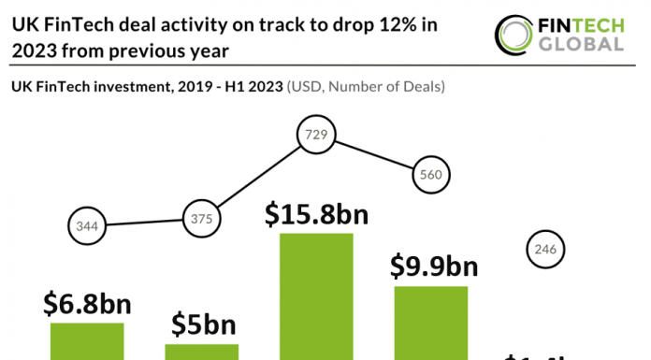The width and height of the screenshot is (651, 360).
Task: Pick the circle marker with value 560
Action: click(431, 173)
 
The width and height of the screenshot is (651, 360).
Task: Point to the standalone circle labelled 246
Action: click(545, 249)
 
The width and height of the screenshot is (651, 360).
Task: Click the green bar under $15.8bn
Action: click(317, 295)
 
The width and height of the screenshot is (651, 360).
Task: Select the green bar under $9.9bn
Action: click(431, 323)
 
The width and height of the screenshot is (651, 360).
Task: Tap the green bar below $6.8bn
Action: click(87, 340)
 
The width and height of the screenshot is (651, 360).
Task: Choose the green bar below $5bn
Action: click(202, 351)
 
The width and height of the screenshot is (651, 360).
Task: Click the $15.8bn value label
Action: click(316, 213)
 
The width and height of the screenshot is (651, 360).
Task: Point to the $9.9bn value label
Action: click(433, 266)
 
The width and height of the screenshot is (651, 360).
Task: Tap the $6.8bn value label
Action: click(87, 304)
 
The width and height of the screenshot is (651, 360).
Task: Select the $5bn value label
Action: click(202, 324)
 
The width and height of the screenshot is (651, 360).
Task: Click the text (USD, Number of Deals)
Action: click(365, 87)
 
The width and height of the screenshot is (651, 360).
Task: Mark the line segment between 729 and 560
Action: click(374, 155)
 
